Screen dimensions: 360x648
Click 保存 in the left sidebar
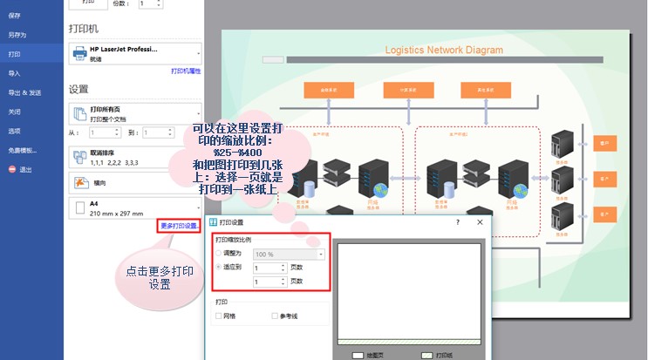coord(15,16)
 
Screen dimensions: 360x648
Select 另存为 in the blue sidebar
coord(17,35)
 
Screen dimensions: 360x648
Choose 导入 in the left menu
coord(15,73)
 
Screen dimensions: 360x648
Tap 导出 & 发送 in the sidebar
coord(24,92)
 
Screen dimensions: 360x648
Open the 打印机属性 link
coord(186,71)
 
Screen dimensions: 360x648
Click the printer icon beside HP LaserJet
coord(79,54)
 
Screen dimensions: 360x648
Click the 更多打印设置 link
coord(179,226)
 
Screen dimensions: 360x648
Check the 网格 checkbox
coord(219,316)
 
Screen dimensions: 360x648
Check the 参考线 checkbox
coord(275,316)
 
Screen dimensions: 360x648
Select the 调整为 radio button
coord(218,253)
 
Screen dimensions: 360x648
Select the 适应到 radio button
coord(218,267)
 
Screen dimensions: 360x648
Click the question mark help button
coord(458,223)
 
